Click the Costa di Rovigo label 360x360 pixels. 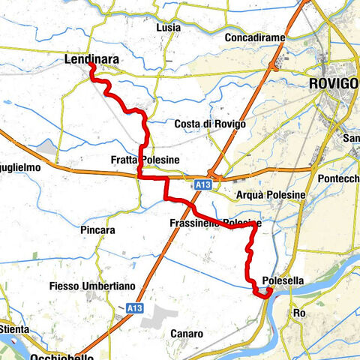[205, 124]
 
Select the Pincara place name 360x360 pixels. [100, 230]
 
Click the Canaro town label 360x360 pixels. [187, 333]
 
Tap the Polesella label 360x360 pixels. [284, 281]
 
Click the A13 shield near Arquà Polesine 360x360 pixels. [200, 184]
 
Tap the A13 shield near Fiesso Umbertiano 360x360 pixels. [134, 307]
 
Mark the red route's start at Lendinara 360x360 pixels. [91, 66]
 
